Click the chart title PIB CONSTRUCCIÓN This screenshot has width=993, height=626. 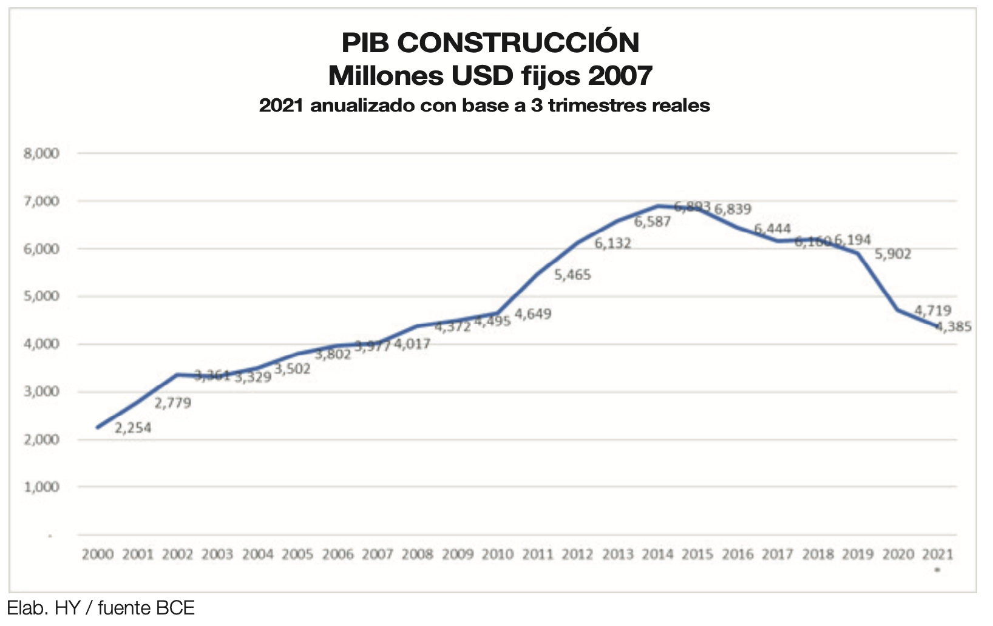click(x=490, y=42)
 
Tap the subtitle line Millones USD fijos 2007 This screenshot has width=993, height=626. click(x=490, y=76)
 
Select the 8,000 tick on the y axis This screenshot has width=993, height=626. click(x=41, y=153)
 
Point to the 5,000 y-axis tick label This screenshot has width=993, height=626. click(x=41, y=297)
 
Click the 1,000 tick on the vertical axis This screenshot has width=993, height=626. click(x=41, y=487)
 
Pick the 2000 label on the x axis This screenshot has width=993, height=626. click(x=98, y=554)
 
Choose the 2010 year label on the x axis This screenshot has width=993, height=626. click(x=497, y=554)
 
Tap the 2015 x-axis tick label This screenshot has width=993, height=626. click(x=697, y=554)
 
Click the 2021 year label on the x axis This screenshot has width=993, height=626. click(x=938, y=554)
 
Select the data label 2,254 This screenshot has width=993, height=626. click(x=133, y=428)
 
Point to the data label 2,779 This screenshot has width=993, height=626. click(x=172, y=403)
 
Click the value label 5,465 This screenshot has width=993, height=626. click(x=572, y=275)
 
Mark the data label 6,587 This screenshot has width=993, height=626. click(x=652, y=222)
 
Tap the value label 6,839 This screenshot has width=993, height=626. click(x=733, y=209)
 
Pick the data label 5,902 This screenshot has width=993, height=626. click(x=893, y=255)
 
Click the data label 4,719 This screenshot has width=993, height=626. click(x=933, y=311)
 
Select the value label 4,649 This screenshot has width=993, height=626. click(x=533, y=314)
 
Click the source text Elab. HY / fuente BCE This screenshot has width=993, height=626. click(x=101, y=608)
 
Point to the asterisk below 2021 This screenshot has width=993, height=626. click(x=938, y=570)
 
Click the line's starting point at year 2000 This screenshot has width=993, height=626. click(x=98, y=428)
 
